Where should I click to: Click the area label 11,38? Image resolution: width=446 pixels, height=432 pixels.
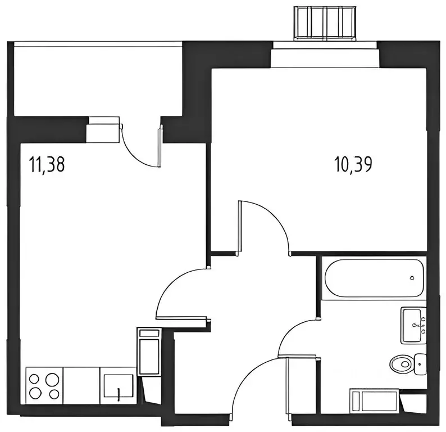click(x=48, y=165)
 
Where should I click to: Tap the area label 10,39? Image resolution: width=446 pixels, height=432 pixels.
click(x=353, y=165)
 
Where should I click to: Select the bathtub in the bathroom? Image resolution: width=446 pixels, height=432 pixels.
click(x=372, y=278)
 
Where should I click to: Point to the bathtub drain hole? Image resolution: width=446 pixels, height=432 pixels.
click(x=412, y=278)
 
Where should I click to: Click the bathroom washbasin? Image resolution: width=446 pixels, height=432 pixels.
click(x=413, y=325)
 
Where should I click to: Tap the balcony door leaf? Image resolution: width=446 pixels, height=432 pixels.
click(x=160, y=146)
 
